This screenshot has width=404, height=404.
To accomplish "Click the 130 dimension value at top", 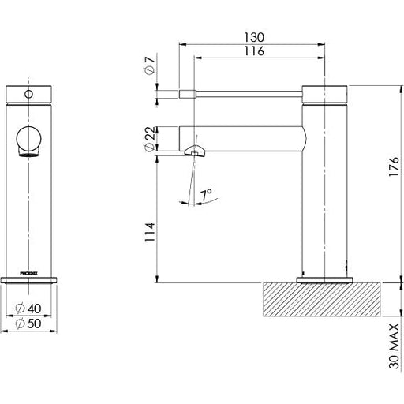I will click(253, 37).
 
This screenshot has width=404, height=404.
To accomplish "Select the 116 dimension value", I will click(253, 51).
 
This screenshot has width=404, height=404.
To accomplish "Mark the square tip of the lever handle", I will click(187, 94).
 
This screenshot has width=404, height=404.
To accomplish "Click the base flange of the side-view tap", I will click(324, 279).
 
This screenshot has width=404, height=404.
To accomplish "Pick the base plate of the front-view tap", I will click(32, 279).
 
